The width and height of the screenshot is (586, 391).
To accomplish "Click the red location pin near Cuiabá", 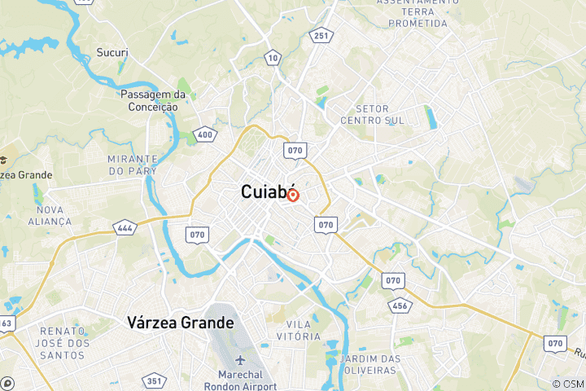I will point(293,195).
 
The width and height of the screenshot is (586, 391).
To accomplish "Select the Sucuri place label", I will point(113,53).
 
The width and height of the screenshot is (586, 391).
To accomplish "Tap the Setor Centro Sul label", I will point(372,115).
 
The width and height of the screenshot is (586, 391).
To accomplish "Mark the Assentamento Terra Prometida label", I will point(413,13).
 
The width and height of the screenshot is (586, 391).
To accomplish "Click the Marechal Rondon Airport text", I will point(242,381).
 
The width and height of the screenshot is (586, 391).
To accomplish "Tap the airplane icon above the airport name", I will point(241,361).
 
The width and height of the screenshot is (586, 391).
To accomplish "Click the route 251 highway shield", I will point(321,35).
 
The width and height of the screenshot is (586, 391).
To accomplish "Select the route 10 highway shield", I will point(273,57).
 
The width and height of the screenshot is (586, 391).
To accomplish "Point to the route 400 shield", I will point(205,135).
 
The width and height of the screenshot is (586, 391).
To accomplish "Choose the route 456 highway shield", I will point(400,305).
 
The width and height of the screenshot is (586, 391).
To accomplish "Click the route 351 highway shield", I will point(153,380).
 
